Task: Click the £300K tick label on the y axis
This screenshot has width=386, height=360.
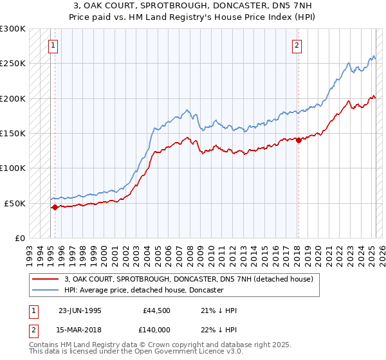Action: point(12,29)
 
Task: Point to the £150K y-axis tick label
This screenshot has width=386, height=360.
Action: point(12,134)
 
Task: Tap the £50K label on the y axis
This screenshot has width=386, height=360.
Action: point(15,203)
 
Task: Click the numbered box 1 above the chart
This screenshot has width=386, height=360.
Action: point(51,45)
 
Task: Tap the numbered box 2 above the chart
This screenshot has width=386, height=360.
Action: point(297,45)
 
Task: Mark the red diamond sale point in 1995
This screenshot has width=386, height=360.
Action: point(55,207)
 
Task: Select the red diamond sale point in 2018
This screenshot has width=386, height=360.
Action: point(298,141)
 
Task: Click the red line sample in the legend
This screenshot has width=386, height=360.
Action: point(46,279)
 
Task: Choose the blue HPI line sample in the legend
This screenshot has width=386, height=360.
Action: point(46,291)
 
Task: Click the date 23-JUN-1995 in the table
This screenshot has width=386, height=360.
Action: point(80,310)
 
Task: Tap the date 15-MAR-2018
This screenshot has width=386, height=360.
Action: point(80,329)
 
